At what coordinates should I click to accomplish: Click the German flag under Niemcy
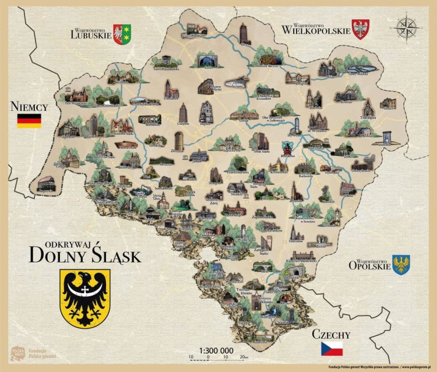[x=29, y=121]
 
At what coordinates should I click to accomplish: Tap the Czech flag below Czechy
[x=332, y=349]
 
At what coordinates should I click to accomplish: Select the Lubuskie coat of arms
[x=122, y=34]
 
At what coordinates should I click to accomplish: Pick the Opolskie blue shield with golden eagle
[x=401, y=265]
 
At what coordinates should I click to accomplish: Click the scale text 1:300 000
[x=216, y=350]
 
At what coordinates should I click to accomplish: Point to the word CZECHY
[x=331, y=335]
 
